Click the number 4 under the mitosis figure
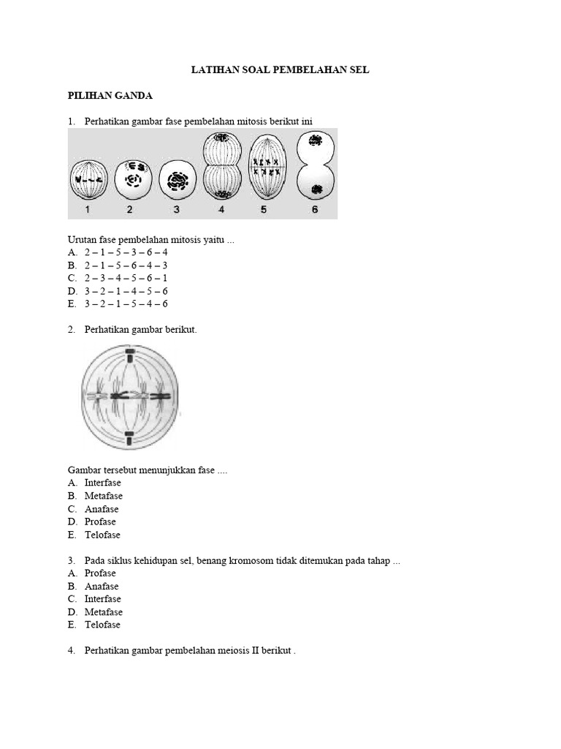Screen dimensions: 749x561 point(221,210)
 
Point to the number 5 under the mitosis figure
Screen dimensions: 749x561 point(264,210)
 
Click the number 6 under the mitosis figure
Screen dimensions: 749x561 point(315,210)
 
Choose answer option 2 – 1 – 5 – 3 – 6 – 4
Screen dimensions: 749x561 point(126,252)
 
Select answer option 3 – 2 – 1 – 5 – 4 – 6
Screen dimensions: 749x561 point(126,304)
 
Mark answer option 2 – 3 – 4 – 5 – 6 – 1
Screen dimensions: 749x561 point(126,278)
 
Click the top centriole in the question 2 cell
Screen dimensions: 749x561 point(129,356)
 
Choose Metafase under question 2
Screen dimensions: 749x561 point(103,496)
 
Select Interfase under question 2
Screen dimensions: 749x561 point(102,483)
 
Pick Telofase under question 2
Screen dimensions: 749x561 point(102,535)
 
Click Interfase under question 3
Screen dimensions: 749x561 point(102,599)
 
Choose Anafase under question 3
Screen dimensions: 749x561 point(101,586)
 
